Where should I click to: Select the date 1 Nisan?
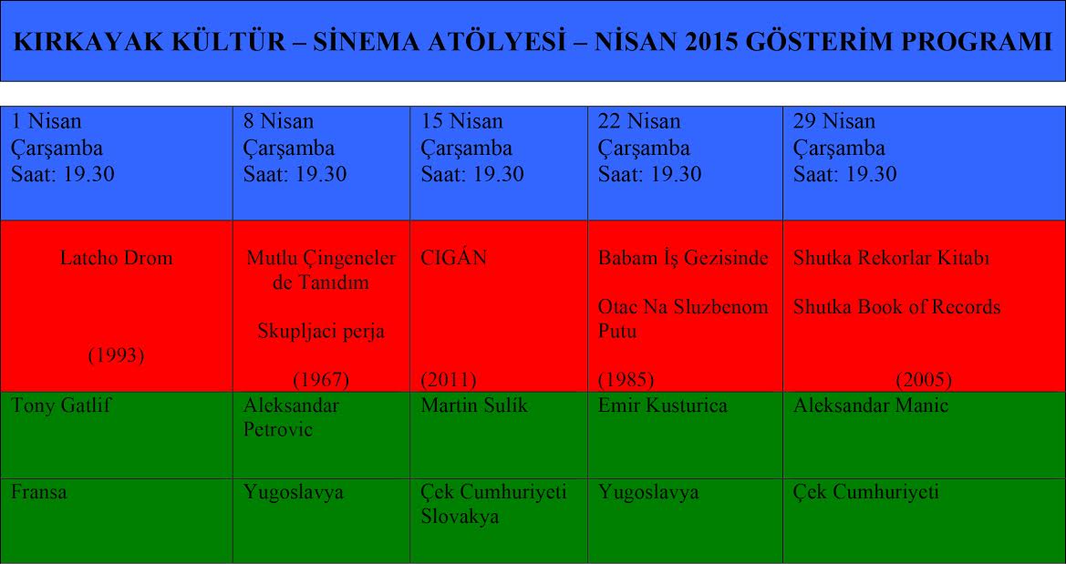(x=47, y=121)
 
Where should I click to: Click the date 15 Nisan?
(x=462, y=121)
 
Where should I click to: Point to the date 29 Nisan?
(x=834, y=121)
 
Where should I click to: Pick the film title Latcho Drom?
(x=116, y=258)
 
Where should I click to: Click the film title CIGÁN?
(x=454, y=258)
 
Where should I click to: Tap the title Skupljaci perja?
(x=321, y=332)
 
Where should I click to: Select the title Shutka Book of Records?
(x=896, y=307)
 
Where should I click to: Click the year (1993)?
(x=116, y=355)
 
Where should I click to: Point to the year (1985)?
(x=626, y=379)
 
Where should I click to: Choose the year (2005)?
(x=924, y=379)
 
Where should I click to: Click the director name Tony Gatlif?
(x=60, y=405)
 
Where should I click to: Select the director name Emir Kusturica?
(x=663, y=405)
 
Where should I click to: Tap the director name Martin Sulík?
(x=474, y=405)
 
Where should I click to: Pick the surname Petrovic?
(x=278, y=430)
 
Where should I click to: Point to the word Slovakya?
(x=460, y=517)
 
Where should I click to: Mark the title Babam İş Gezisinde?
(x=683, y=258)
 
